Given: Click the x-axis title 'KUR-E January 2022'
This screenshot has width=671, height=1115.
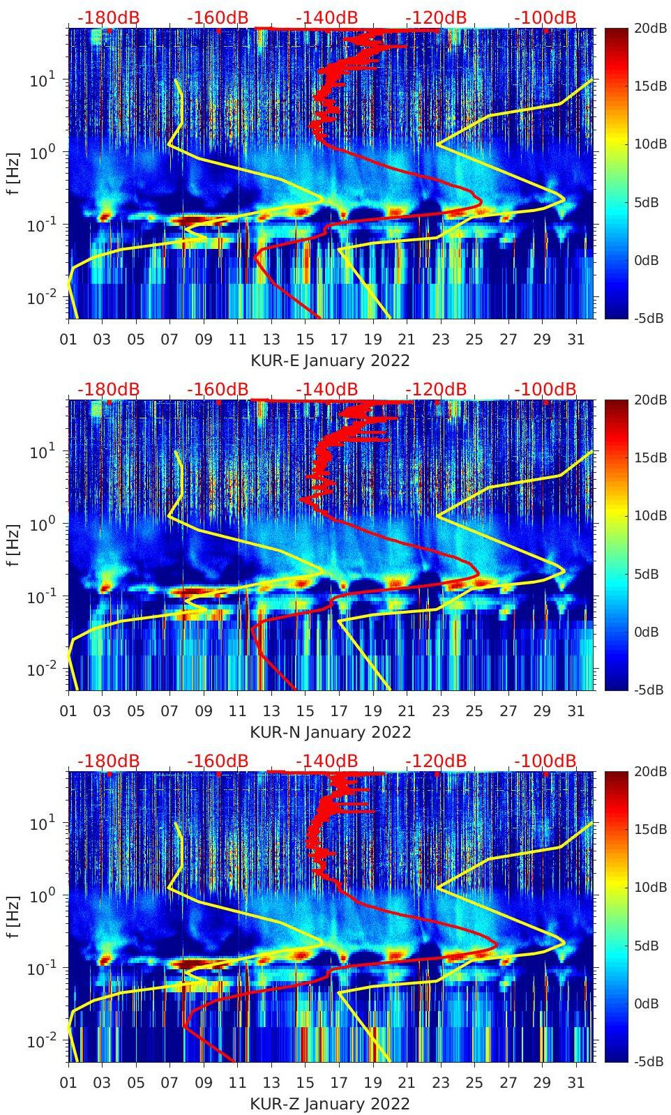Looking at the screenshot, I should [330, 361].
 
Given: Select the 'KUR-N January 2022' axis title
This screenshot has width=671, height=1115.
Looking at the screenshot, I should [330, 732].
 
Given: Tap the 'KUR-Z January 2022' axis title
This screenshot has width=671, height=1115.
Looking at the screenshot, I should [330, 1104].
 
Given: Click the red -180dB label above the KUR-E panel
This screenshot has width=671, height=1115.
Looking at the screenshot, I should [108, 17].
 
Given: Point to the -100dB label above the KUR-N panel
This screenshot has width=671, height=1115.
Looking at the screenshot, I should [545, 389].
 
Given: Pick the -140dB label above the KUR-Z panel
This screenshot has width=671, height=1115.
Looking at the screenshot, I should [326, 761].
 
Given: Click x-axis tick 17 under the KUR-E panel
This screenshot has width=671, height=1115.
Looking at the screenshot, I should [339, 340].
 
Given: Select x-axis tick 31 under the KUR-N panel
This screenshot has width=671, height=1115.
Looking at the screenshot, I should [575, 711].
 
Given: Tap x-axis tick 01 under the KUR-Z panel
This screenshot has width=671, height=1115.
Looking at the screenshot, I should [68, 1083].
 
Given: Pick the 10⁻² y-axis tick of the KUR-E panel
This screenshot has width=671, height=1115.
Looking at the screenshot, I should [42, 298].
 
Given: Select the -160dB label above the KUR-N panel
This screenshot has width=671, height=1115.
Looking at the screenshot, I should [218, 389].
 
